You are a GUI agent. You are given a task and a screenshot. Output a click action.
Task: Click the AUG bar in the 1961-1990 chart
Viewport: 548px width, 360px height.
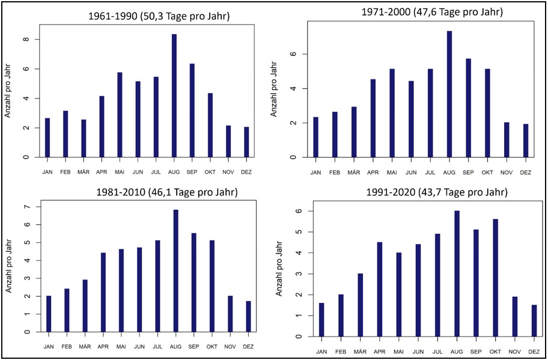coord(174,96)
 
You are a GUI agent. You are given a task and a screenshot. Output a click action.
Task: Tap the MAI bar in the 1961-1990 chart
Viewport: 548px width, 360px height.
coord(120,115)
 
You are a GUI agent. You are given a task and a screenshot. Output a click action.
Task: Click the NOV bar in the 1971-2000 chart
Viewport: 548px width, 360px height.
coord(507,139)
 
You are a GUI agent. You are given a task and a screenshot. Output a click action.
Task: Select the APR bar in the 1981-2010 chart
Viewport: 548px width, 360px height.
coord(103,292)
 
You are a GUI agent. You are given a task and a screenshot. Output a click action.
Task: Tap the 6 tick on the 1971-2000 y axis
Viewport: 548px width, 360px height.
coord(304,54)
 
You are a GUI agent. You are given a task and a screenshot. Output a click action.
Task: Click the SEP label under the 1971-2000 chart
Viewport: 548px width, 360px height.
coord(468,172)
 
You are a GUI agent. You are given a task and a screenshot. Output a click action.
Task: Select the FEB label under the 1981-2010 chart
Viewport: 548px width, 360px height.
coord(67,347)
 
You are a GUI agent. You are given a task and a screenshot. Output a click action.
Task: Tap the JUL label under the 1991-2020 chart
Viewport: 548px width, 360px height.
coord(438,351)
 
